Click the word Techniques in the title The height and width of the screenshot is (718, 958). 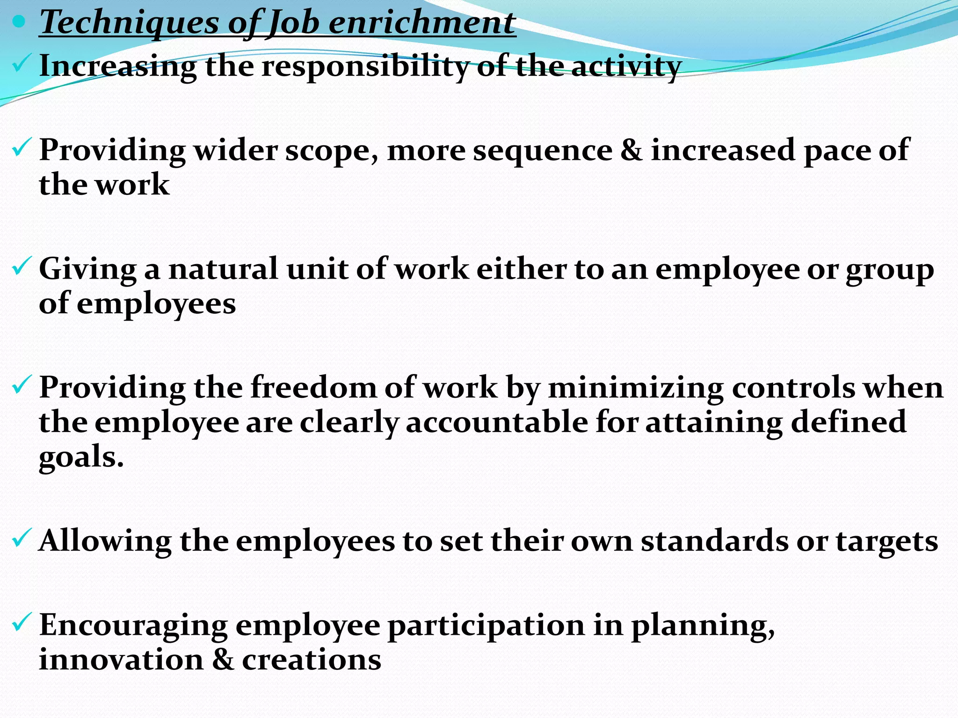130,22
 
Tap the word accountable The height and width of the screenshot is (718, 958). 497,422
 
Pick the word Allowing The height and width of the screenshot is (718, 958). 105,541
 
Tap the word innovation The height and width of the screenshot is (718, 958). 121,660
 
